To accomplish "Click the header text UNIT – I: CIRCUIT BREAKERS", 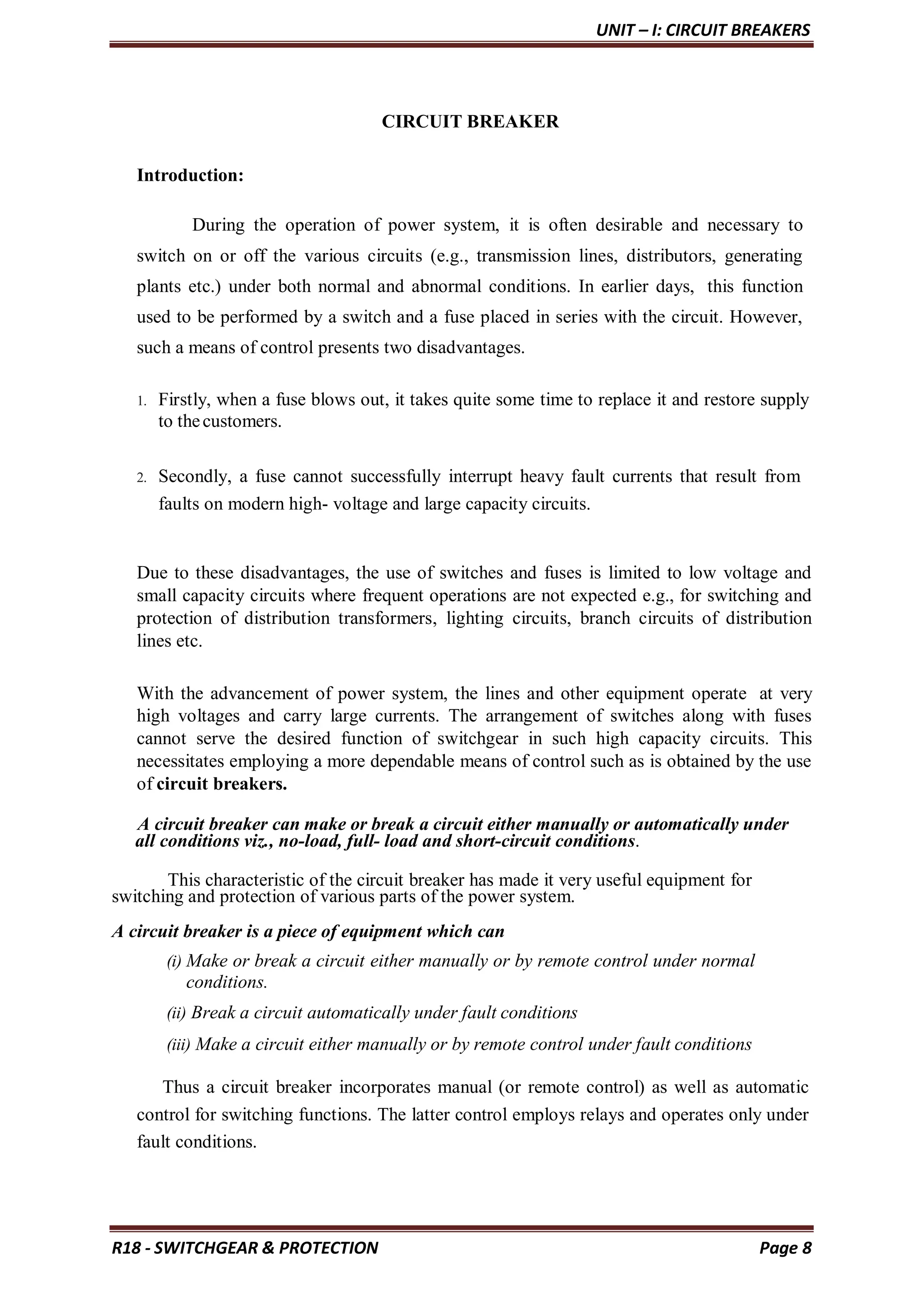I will pos(703,30).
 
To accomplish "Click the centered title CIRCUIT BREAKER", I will pos(470,122).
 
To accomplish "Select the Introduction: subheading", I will pos(190,175).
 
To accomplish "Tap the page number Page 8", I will pos(785,1248).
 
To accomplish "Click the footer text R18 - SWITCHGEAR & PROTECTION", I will pos(245,1248).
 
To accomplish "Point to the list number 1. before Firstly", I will pos(142,401).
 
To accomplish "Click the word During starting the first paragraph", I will pos(218,226).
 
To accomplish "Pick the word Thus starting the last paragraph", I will pos(181,1087).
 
